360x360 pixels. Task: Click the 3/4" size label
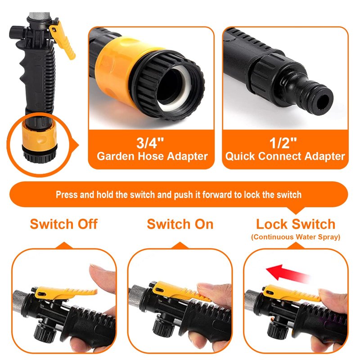pyautogui.click(x=150, y=143)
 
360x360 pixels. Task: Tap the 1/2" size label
pyautogui.click(x=283, y=143)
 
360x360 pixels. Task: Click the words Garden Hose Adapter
pyautogui.click(x=152, y=156)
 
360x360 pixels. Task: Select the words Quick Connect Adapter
pyautogui.click(x=285, y=156)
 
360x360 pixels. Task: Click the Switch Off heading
pyautogui.click(x=64, y=224)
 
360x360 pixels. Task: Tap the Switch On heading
pyautogui.click(x=180, y=224)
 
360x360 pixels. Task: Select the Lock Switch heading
pyautogui.click(x=296, y=224)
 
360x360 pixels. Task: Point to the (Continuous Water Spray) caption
pyautogui.click(x=296, y=237)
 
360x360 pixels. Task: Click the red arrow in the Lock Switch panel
pyautogui.click(x=287, y=273)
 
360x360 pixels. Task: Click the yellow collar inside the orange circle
pyautogui.click(x=39, y=136)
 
